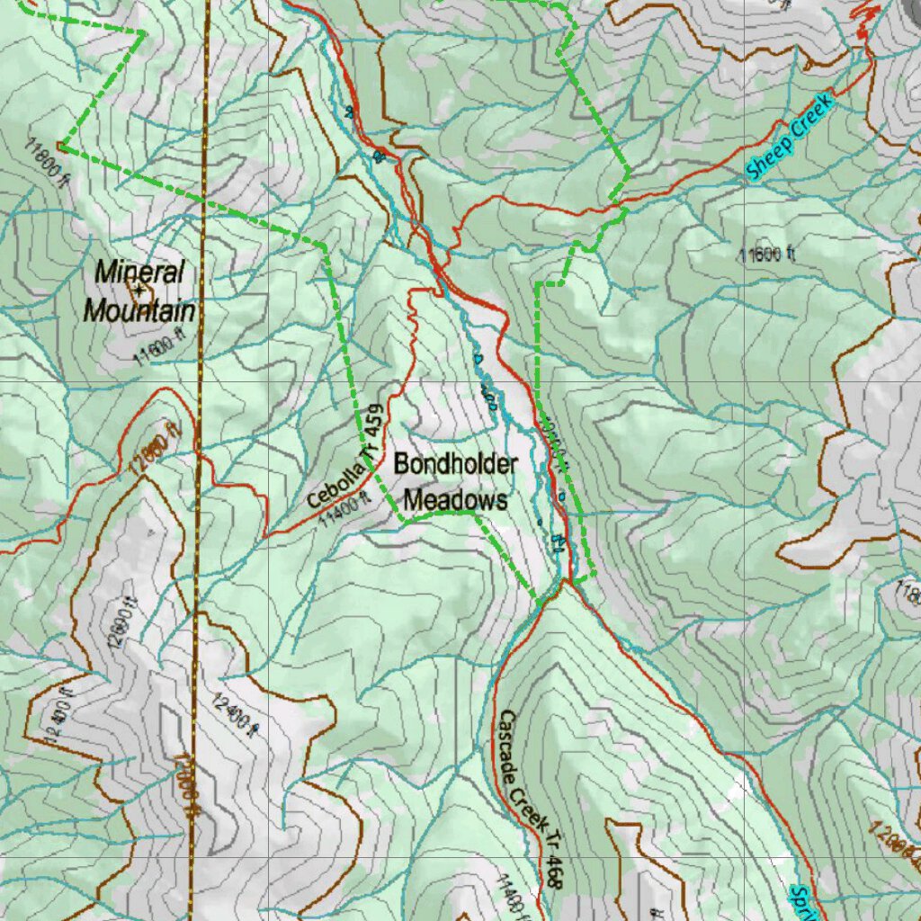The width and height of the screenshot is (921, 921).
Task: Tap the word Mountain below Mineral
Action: click(139, 312)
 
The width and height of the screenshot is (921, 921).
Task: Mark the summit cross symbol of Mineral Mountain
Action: click(139, 290)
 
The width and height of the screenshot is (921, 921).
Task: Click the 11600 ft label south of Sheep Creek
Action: click(767, 255)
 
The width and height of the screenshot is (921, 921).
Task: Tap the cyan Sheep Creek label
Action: click(791, 138)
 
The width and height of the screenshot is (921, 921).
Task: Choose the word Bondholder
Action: click(455, 465)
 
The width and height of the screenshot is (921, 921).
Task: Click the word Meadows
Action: click(455, 500)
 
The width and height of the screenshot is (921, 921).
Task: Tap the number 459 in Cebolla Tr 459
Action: click(375, 423)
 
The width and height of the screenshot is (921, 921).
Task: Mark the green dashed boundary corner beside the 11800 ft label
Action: click(61, 144)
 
